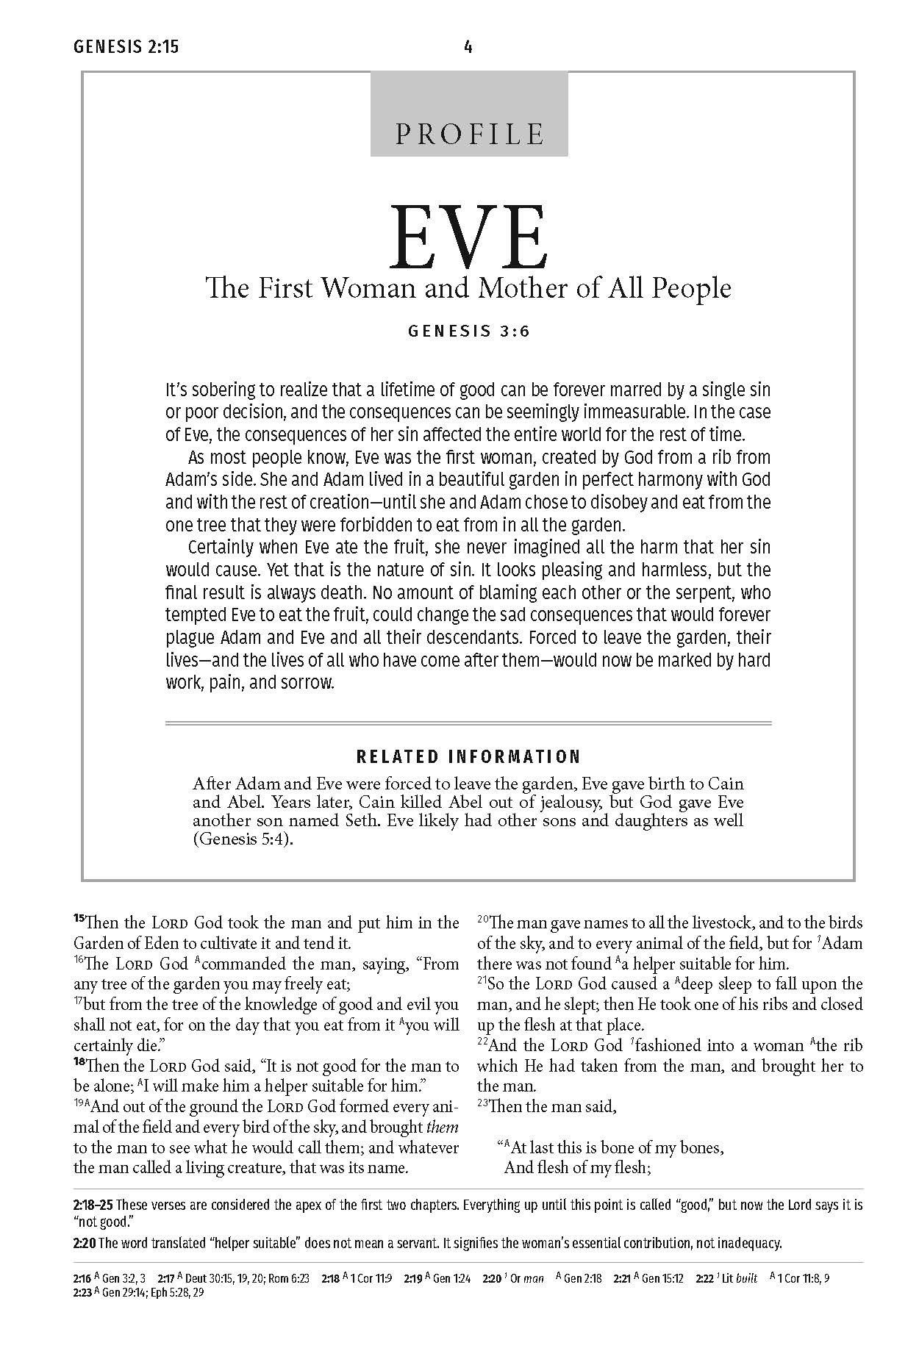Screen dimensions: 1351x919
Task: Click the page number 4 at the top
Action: (x=468, y=48)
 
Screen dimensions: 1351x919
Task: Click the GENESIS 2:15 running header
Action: (x=126, y=48)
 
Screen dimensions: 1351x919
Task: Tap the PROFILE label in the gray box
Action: (x=469, y=134)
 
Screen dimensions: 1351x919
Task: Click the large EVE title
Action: (x=469, y=237)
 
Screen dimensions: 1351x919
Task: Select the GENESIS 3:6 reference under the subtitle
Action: (x=469, y=331)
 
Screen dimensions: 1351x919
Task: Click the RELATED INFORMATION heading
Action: (x=468, y=756)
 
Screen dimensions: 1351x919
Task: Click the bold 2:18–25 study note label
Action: (x=93, y=1205)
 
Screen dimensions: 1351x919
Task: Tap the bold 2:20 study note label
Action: (x=85, y=1244)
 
